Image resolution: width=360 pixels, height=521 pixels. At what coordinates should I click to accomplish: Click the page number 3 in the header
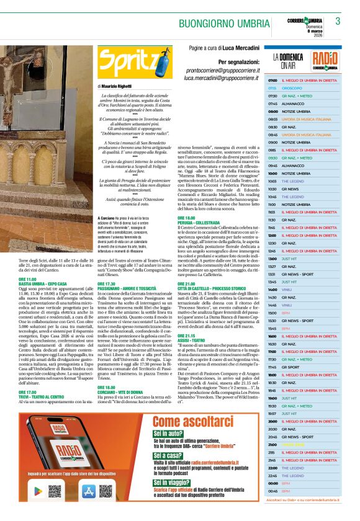[x=338, y=21]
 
